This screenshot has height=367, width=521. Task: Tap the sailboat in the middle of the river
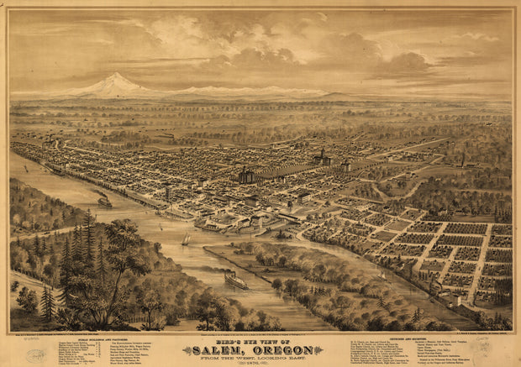(x=186, y=240)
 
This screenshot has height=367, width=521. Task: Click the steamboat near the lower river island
(x=236, y=280)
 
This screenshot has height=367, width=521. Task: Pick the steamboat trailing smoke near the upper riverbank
(x=104, y=202)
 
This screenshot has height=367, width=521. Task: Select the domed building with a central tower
(x=322, y=157)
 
